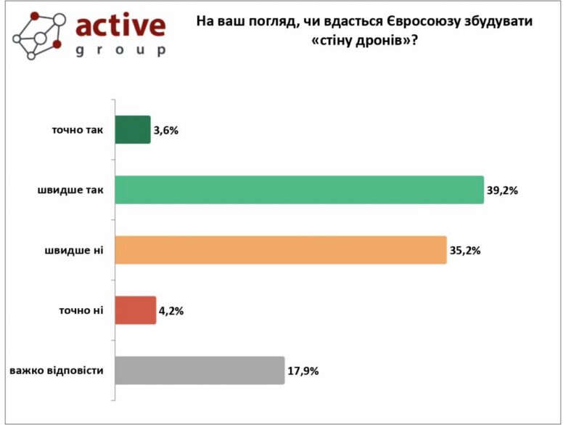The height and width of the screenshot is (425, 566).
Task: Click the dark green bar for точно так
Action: tap(133, 130)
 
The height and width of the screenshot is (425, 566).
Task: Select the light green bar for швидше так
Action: tap(300, 190)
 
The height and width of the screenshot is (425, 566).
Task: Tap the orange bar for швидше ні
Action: tap(281, 250)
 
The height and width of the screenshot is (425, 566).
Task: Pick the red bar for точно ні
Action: tap(136, 310)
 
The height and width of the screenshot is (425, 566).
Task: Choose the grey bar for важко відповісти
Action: tap(200, 370)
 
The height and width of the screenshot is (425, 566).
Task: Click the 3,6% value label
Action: tap(165, 131)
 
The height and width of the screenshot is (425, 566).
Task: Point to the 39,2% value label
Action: tap(501, 191)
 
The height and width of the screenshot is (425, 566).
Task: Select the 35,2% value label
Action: tap(464, 251)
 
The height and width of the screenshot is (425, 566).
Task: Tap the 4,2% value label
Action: tap(171, 311)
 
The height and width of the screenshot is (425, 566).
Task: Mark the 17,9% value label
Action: tap(303, 371)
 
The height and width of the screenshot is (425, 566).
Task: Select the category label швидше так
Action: tap(71, 190)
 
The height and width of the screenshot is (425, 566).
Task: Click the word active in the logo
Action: tap(120, 26)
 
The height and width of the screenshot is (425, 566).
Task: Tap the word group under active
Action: tap(120, 51)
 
